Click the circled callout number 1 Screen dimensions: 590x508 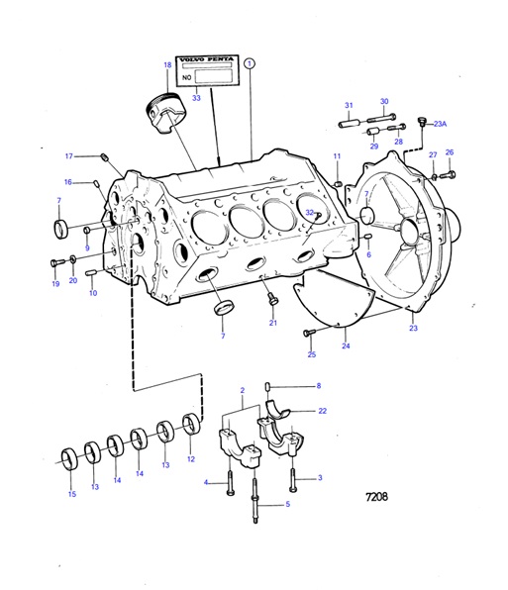[x=251, y=62]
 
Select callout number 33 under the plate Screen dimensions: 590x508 [x=196, y=98]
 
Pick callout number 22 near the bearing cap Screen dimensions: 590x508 [x=322, y=410]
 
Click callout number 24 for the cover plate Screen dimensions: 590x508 [x=346, y=346]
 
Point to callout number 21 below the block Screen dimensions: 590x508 [x=273, y=323]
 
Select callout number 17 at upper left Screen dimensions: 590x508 [x=69, y=155]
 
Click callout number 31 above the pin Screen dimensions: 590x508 [x=349, y=105]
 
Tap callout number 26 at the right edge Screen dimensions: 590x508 [x=449, y=152]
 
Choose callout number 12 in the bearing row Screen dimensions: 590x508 [x=190, y=460]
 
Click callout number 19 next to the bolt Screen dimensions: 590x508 [x=55, y=284]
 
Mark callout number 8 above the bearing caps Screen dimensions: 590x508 [x=318, y=385]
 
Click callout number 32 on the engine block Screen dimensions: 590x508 [x=310, y=213]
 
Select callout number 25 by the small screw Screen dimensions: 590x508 [x=311, y=353]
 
